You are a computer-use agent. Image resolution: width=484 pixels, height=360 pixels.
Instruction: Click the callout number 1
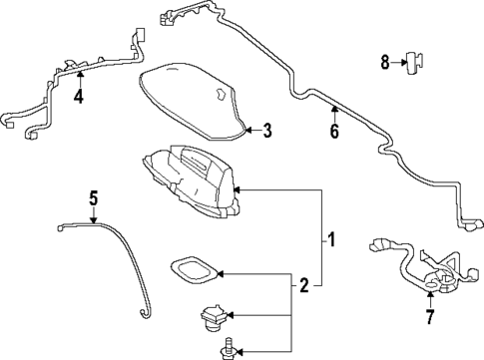(x=330, y=239)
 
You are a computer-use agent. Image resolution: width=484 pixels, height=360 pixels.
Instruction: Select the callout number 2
(x=302, y=286)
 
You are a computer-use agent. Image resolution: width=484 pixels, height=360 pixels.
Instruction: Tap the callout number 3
(x=267, y=129)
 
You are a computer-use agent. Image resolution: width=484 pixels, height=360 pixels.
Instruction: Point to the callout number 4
(x=79, y=97)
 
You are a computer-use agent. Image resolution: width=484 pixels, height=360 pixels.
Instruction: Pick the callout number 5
(x=93, y=198)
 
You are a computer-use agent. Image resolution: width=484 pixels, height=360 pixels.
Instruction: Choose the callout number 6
(x=334, y=131)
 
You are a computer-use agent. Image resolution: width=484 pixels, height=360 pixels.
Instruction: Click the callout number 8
(x=385, y=62)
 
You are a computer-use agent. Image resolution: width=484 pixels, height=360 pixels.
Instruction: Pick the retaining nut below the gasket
(x=212, y=317)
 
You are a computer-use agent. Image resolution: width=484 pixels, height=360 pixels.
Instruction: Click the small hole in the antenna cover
(x=217, y=95)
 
